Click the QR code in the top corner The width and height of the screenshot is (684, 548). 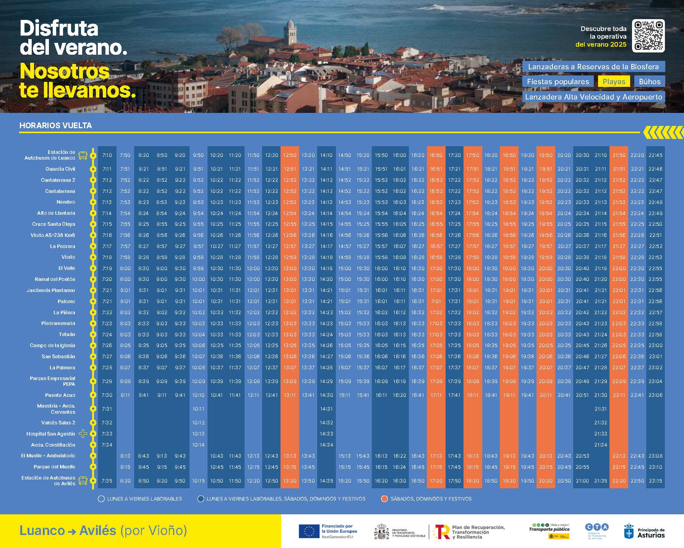[x=648, y=36]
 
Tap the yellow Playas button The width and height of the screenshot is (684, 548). [x=614, y=82]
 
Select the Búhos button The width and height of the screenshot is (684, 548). [x=650, y=82]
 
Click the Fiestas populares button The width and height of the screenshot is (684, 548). [x=558, y=82]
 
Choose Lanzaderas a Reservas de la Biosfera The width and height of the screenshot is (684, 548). [x=593, y=67]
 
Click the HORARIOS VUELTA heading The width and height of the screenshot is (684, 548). [x=55, y=126]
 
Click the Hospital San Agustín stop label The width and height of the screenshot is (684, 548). [x=51, y=434]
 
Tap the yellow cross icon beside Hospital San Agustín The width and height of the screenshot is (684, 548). [x=83, y=434]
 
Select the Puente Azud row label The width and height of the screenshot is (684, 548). [x=60, y=395]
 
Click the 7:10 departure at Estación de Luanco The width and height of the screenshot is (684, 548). [x=107, y=155]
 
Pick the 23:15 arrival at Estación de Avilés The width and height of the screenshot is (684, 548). [x=655, y=481]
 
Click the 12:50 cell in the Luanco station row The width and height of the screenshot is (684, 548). [x=290, y=155]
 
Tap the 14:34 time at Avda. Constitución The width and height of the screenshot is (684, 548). [x=326, y=445]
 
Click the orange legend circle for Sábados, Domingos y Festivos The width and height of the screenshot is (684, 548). [x=384, y=499]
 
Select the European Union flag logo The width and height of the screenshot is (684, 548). [x=309, y=531]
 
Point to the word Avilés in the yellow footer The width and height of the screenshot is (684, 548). [x=98, y=530]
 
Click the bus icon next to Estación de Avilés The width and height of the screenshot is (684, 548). [x=83, y=481]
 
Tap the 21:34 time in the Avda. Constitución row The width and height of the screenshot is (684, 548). [x=601, y=445]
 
